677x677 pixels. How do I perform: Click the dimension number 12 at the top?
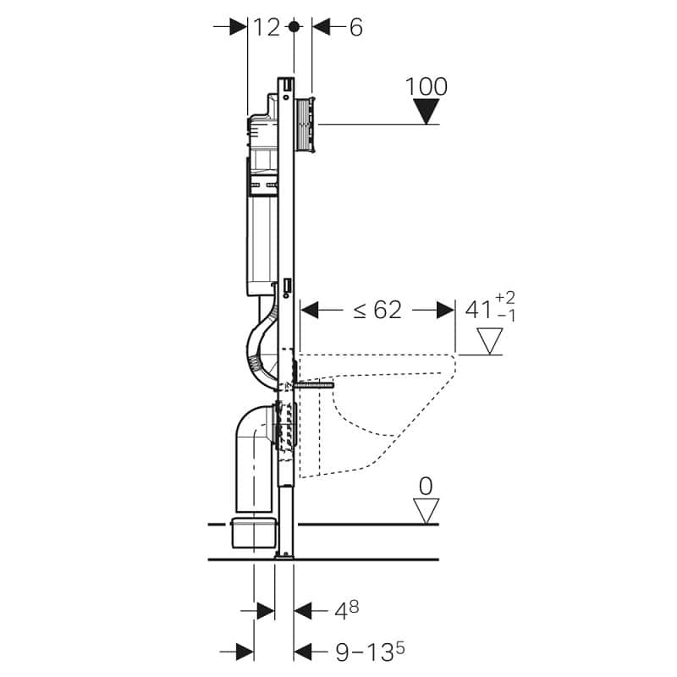click(x=267, y=28)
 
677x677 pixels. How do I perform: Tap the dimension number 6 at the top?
click(x=355, y=28)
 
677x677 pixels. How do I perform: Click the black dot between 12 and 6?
click(x=294, y=27)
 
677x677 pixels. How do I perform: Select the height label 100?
click(x=427, y=87)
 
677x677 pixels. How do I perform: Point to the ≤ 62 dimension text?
click(x=377, y=310)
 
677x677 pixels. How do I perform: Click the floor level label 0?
click(x=426, y=487)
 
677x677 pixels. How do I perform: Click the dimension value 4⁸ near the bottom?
click(x=347, y=609)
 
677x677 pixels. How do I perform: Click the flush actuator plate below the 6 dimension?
click(x=306, y=124)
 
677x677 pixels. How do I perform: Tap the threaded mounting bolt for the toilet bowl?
click(x=314, y=385)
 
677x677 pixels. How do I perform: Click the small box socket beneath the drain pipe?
click(x=253, y=533)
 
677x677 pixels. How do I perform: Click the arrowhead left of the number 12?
click(x=238, y=27)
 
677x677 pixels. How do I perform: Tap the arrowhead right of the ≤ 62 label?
click(x=446, y=310)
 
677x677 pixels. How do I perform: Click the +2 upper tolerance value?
click(x=505, y=298)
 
